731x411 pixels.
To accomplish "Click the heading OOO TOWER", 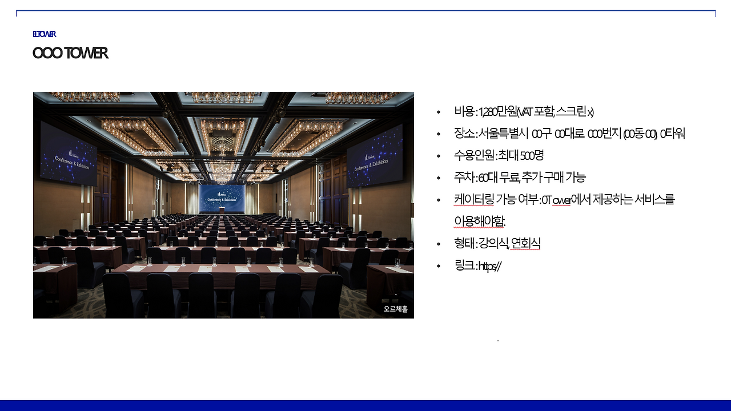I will [70, 53].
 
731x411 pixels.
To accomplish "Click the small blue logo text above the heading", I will [44, 34].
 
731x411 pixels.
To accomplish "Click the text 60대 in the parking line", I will [487, 178].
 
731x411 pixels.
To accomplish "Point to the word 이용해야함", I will [480, 221].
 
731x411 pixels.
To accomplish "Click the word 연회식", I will [525, 244].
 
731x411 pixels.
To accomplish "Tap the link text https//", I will [489, 266].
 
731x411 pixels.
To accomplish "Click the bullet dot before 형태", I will [439, 244].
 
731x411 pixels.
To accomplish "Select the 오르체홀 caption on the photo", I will [396, 309].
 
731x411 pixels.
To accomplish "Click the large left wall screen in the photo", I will [68, 154].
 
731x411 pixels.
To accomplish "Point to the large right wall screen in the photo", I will [374, 155].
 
